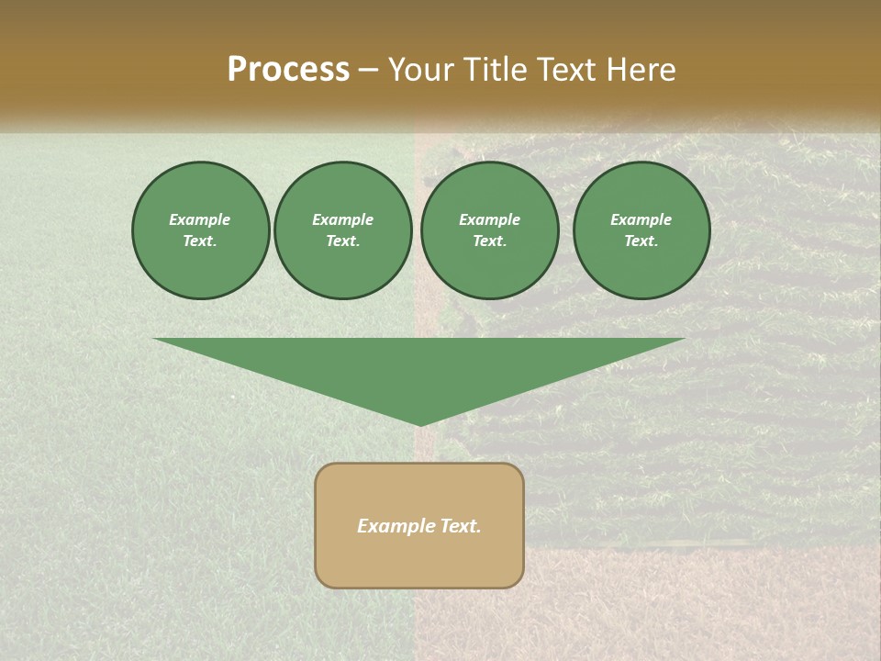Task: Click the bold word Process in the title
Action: point(288,70)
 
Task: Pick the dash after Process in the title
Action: point(369,71)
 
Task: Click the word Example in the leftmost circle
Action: point(200,219)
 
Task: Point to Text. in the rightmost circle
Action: point(641,241)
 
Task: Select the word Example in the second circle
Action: point(342,219)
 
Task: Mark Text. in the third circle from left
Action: point(490,241)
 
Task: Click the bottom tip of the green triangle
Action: point(420,424)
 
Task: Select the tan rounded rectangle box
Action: point(419,560)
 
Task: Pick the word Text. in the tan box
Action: point(461,526)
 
